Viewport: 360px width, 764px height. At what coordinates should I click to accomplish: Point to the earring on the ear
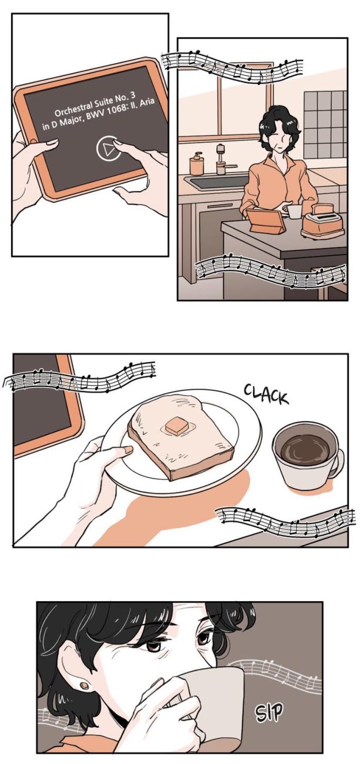pyautogui.click(x=84, y=685)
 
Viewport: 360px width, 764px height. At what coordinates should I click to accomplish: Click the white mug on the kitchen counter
pyautogui.click(x=294, y=212)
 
